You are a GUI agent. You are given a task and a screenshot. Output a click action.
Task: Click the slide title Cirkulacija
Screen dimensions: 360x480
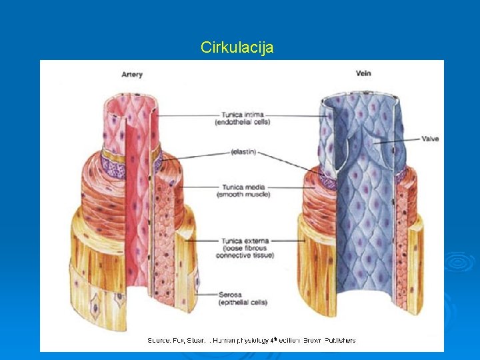point(237,48)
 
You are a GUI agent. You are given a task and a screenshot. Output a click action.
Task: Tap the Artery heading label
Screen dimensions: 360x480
point(132,75)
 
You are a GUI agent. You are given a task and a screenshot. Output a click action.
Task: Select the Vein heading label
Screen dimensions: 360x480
point(363,73)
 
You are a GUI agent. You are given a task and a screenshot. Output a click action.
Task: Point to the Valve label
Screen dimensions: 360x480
point(430,139)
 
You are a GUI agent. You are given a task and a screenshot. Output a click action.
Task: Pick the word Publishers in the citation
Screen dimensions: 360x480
point(340,341)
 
